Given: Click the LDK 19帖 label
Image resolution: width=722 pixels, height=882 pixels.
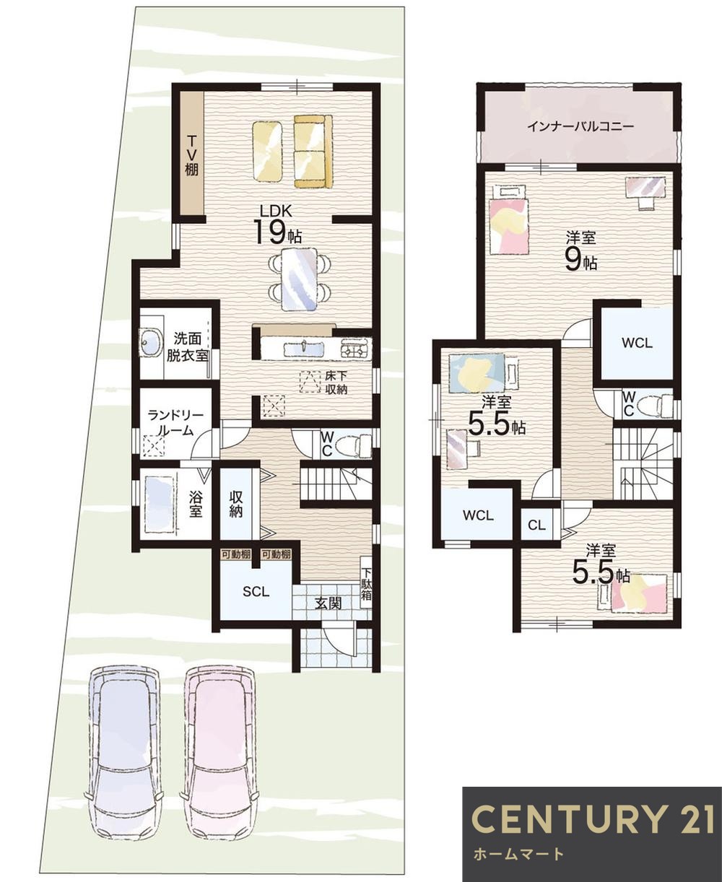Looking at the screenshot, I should click(x=277, y=224).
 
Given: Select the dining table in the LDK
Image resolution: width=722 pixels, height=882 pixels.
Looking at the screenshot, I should click(x=299, y=278).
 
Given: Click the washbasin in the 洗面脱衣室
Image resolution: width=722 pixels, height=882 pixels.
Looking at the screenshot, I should click(x=151, y=341).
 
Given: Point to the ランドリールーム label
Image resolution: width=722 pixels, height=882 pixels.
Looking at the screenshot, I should click(x=170, y=423).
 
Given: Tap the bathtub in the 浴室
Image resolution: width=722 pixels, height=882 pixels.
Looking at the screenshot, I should click(x=159, y=498).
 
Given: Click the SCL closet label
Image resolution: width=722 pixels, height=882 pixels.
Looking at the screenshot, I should click(x=256, y=592).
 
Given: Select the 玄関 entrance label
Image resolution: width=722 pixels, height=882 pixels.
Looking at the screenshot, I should click(x=328, y=603).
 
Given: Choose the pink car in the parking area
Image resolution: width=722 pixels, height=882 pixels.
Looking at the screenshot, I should click(x=219, y=751).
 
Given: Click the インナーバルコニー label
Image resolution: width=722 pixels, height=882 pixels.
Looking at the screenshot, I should click(x=580, y=127).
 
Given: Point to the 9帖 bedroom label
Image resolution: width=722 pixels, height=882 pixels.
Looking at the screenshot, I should click(x=580, y=253).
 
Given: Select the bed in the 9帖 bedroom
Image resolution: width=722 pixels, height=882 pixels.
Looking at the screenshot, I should click(x=509, y=222).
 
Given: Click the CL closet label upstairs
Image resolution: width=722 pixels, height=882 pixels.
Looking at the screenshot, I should click(x=536, y=525).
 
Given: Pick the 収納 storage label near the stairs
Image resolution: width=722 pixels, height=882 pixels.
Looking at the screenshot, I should click(x=236, y=504).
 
